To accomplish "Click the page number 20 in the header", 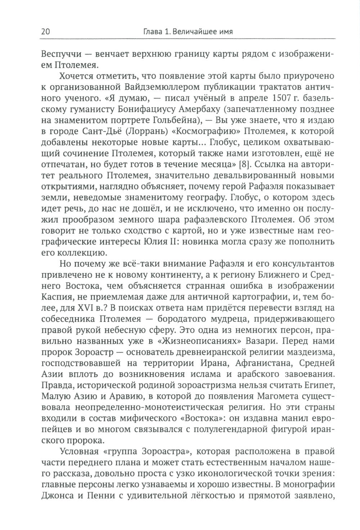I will [46, 32].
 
